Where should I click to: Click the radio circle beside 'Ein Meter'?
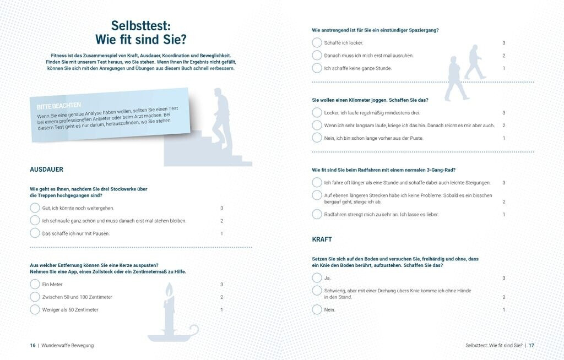35,284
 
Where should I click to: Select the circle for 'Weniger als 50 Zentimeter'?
35,309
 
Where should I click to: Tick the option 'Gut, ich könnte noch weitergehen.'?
35,208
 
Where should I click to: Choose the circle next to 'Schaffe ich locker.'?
317,42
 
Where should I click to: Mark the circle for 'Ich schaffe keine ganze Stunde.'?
317,68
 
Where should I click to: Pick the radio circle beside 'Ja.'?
317,277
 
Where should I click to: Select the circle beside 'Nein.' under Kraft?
317,309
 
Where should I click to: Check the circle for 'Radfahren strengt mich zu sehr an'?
317,214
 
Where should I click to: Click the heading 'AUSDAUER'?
46,170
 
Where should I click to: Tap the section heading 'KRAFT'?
322,239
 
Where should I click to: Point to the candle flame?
169,289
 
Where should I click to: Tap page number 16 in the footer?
32,345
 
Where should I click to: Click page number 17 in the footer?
532,345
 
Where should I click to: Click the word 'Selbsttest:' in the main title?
140,25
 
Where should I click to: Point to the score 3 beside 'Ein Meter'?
221,284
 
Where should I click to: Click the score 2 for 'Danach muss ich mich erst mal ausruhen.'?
503,56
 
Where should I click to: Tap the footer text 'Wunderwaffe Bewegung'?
68,345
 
